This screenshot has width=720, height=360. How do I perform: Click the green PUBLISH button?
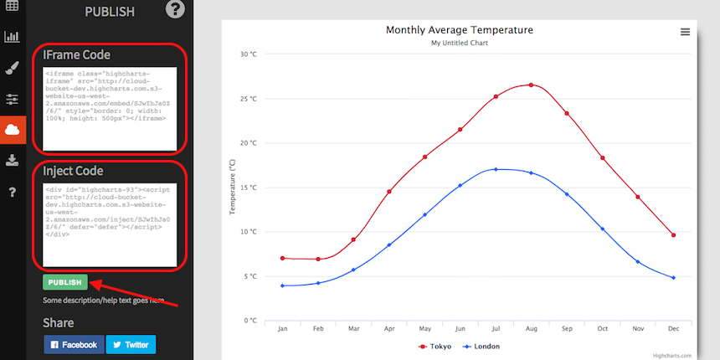65,283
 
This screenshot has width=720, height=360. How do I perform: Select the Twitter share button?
131,344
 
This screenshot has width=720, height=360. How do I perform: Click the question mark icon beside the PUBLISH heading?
174,10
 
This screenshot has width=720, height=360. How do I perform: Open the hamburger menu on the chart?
685,32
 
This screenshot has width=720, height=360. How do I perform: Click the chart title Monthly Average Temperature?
459,30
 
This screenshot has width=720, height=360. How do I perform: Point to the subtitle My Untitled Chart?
459,43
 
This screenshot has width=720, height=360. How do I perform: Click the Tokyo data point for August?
531,85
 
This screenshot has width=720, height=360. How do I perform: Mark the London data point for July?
496,169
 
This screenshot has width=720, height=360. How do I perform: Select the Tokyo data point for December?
673,235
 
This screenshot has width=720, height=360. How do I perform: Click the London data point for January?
283,285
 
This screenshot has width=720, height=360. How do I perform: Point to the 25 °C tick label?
249,99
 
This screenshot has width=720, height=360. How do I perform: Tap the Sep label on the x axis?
567,329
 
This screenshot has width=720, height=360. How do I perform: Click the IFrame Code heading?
77,55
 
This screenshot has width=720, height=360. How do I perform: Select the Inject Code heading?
73,172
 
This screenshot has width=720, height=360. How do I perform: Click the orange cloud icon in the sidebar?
13,130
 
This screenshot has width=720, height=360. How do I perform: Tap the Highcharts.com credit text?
672,355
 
